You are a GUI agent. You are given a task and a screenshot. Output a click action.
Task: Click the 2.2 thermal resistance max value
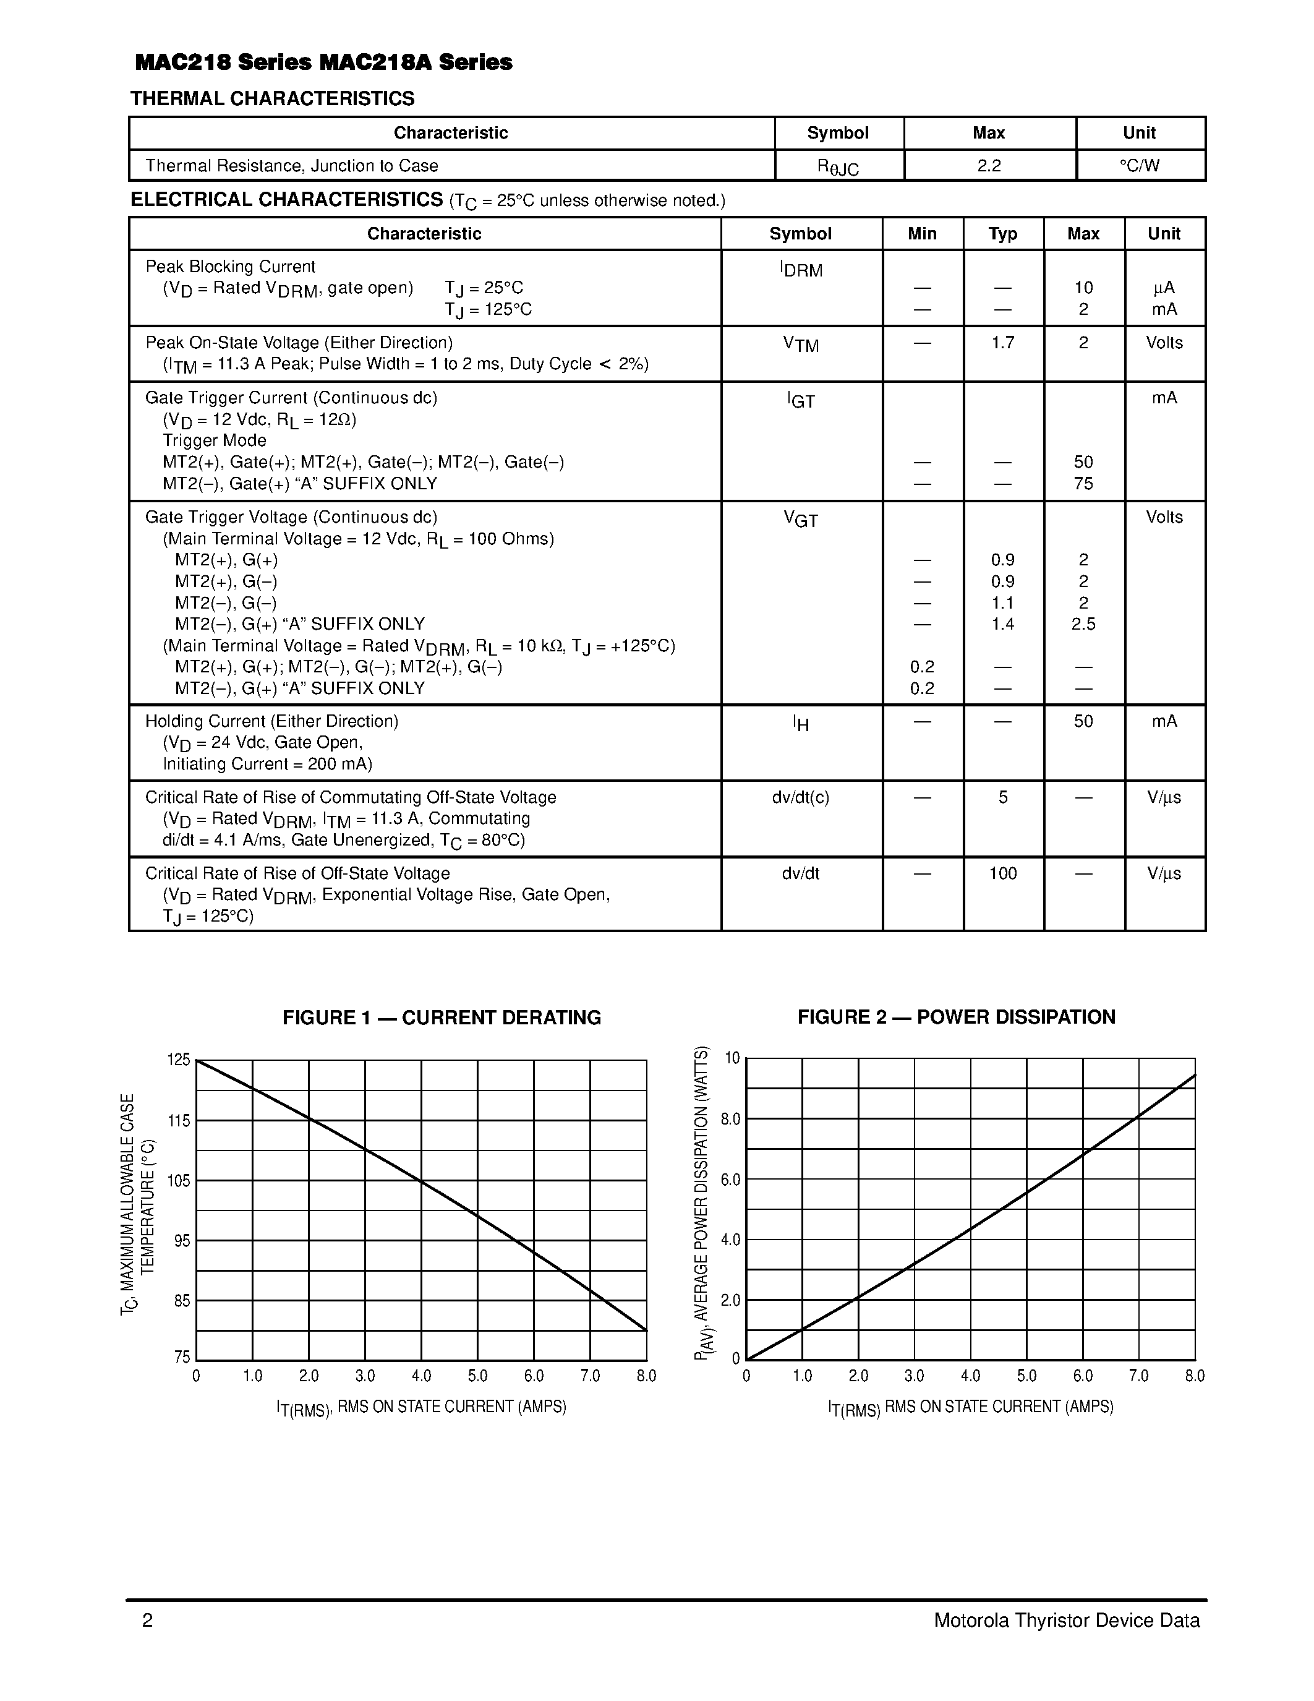(x=989, y=166)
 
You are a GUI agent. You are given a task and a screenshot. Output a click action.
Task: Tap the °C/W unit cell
(x=1139, y=166)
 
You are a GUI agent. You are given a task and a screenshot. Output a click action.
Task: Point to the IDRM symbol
(x=800, y=270)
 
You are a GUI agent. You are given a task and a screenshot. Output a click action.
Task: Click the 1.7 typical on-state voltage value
(x=1002, y=343)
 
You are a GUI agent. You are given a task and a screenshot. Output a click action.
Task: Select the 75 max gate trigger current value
(x=1083, y=484)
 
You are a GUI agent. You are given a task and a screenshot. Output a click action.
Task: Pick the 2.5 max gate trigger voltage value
(x=1083, y=624)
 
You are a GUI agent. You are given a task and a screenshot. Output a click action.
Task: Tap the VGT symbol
(x=800, y=520)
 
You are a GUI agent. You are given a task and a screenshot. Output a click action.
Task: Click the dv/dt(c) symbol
(x=800, y=797)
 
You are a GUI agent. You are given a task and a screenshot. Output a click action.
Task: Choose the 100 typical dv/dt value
(x=1002, y=874)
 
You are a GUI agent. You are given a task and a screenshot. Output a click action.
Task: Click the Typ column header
(x=1002, y=234)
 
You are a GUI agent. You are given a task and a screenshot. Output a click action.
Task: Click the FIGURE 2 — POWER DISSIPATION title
(x=956, y=1017)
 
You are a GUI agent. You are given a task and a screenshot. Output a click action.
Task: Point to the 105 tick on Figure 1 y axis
(x=179, y=1181)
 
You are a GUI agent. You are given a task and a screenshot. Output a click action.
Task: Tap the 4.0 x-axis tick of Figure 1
(x=421, y=1376)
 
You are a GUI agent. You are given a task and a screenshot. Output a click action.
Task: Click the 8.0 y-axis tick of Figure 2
(x=730, y=1119)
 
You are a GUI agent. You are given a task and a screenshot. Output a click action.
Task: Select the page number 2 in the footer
(x=147, y=1621)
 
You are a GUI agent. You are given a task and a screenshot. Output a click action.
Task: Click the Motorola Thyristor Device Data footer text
(x=1067, y=1621)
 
